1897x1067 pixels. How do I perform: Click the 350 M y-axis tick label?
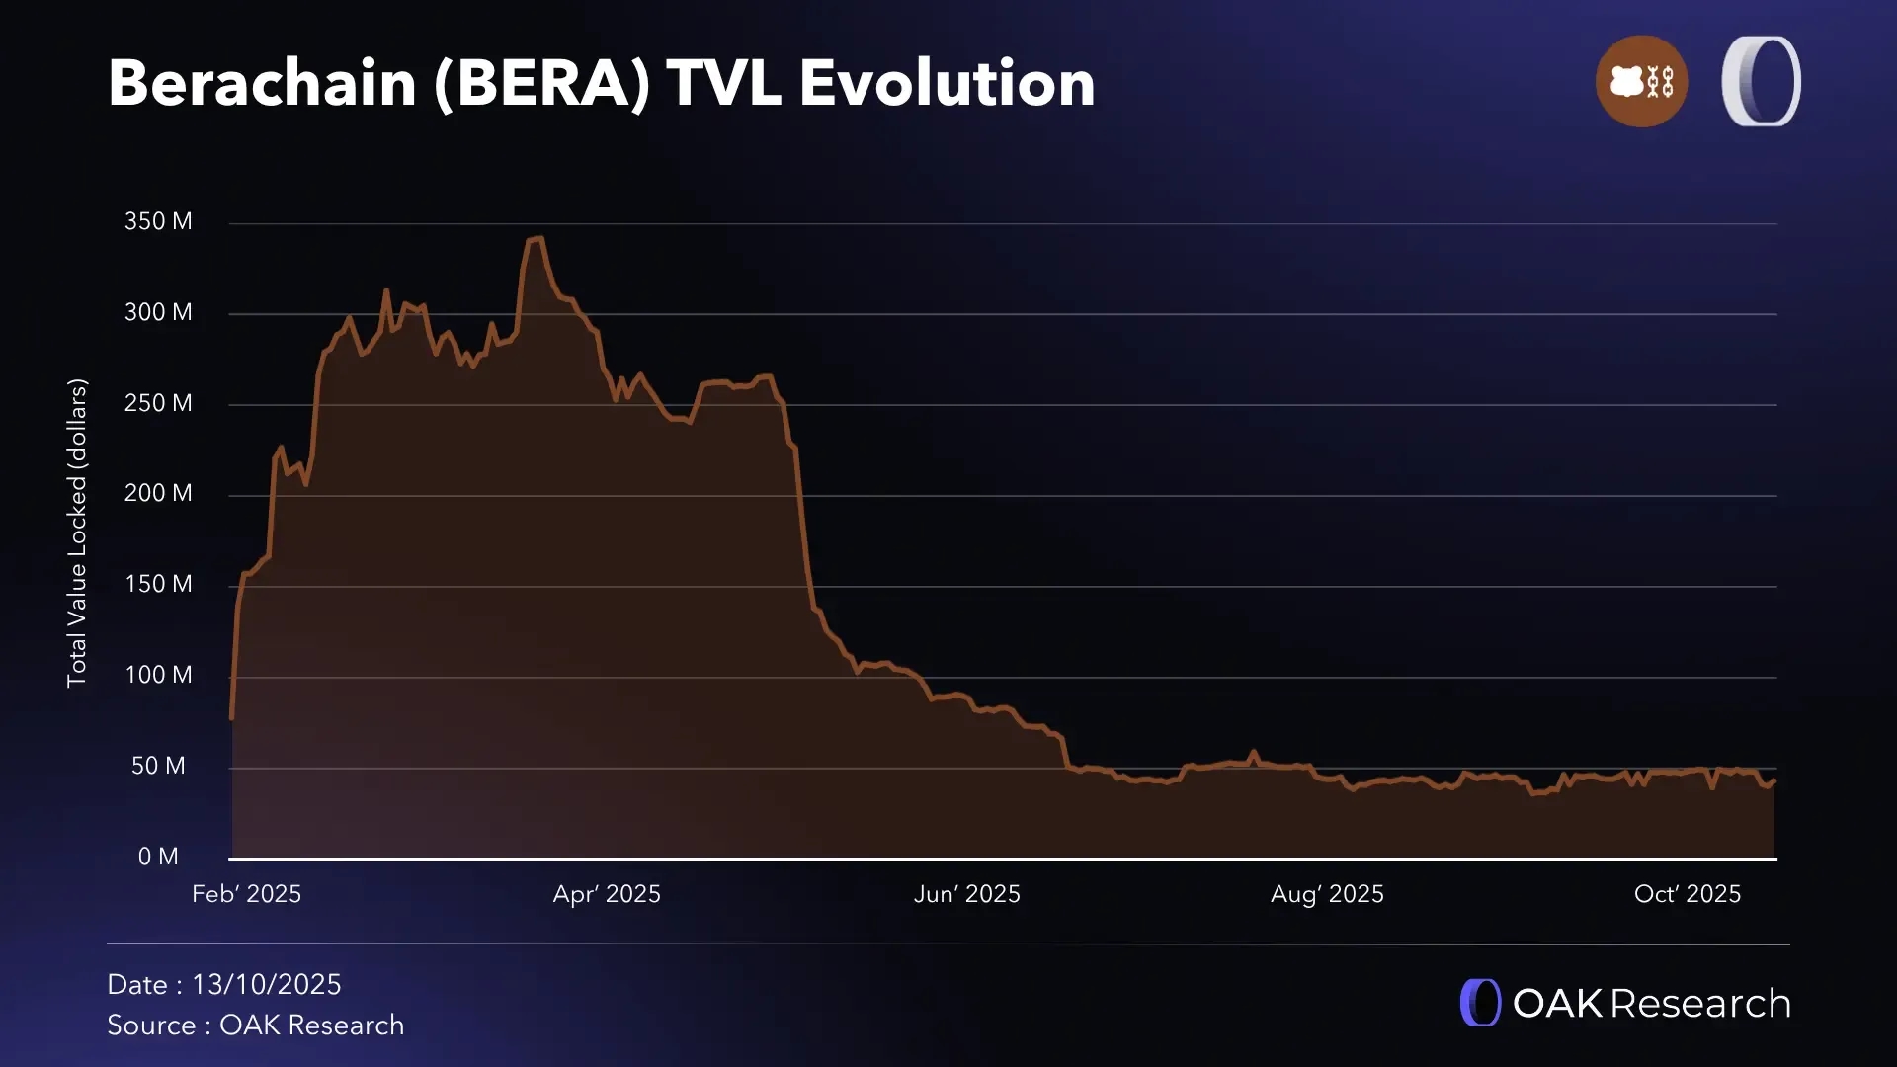(x=158, y=221)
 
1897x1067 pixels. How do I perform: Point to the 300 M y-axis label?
(x=158, y=312)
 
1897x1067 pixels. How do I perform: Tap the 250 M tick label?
(x=158, y=403)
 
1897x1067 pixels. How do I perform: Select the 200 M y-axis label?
(x=158, y=493)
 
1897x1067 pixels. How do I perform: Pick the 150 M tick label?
(x=158, y=584)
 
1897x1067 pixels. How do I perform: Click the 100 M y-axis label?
(x=158, y=675)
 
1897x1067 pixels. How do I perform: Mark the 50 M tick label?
(x=158, y=766)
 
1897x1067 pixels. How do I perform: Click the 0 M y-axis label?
(x=158, y=857)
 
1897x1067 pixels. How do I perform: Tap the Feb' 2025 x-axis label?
(x=246, y=894)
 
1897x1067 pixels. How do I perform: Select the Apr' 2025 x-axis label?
(x=607, y=894)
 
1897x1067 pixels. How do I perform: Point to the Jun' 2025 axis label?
(x=966, y=894)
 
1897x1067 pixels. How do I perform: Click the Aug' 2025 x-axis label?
(x=1327, y=894)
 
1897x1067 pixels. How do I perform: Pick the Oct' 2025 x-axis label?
(x=1688, y=894)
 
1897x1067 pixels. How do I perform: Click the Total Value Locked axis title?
(x=77, y=533)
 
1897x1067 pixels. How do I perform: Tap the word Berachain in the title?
(x=262, y=83)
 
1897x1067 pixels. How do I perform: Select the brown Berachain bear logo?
(x=1641, y=81)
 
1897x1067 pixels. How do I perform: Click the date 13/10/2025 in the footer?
(x=267, y=985)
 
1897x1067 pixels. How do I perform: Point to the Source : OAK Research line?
(x=255, y=1026)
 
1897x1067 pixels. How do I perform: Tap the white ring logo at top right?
(x=1761, y=81)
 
